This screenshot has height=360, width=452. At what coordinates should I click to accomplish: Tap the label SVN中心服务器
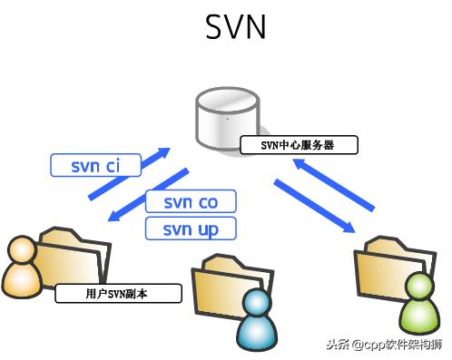click(x=298, y=144)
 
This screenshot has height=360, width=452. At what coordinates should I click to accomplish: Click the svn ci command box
click(x=95, y=165)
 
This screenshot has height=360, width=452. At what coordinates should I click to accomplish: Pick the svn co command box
click(x=191, y=201)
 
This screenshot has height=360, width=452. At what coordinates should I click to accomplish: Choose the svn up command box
click(x=191, y=228)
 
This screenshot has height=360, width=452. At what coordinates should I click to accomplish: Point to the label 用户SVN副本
click(x=118, y=294)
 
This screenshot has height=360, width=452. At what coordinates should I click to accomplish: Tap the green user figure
click(x=418, y=303)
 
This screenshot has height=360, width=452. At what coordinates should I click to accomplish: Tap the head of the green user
click(x=419, y=287)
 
